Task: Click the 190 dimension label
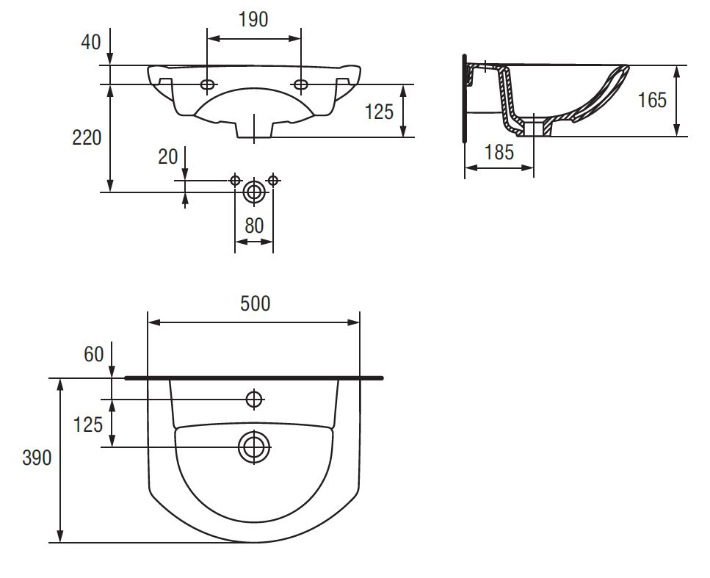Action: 253,19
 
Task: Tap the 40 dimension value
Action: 90,42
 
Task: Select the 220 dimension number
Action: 87,137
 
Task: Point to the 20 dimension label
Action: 167,156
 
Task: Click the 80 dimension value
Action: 254,225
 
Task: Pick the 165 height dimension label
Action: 652,100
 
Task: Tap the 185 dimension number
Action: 499,152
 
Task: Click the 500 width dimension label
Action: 255,303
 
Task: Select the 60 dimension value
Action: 94,354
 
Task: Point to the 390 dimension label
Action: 37,458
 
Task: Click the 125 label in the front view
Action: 379,112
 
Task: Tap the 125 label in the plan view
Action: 88,425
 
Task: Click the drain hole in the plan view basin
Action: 254,447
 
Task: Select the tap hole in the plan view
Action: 254,400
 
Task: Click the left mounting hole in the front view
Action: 208,84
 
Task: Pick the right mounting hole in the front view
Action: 300,84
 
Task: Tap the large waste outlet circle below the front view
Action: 254,192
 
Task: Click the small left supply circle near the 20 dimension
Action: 235,180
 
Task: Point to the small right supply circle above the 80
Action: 272,180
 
